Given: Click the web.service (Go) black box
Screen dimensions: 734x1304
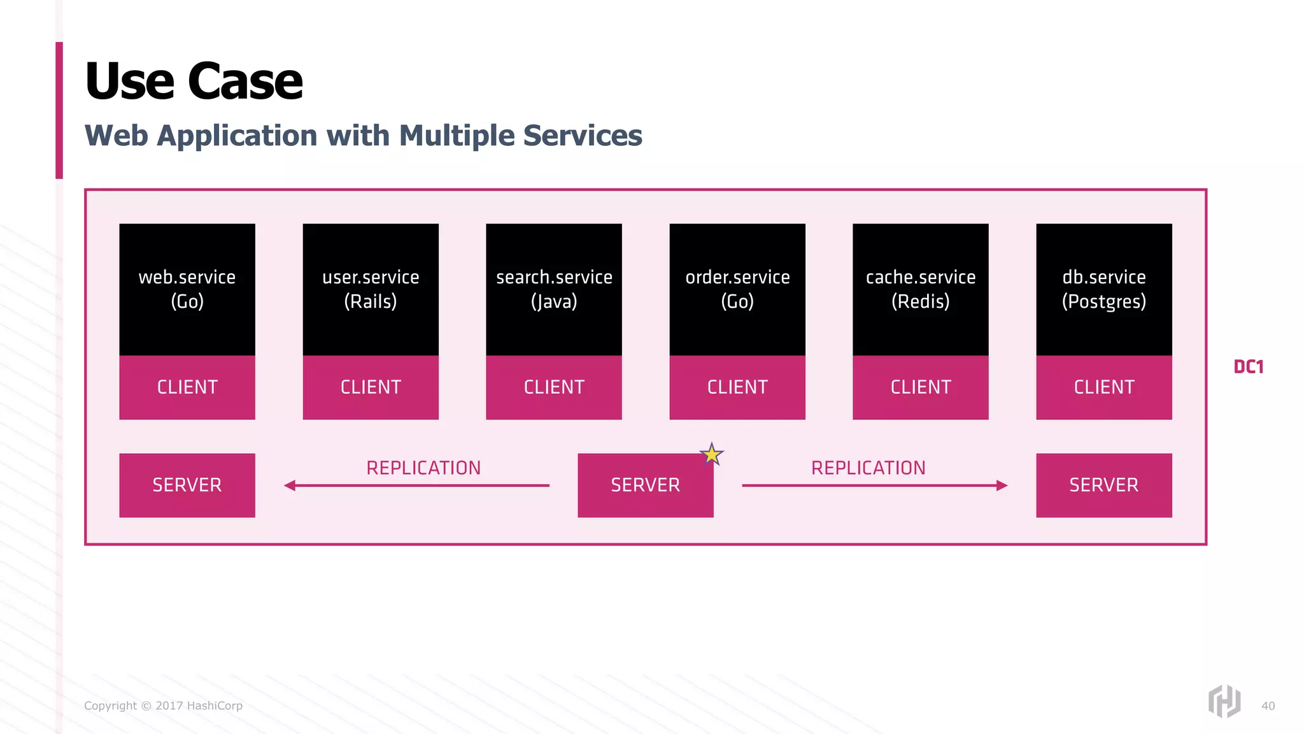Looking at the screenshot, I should [187, 289].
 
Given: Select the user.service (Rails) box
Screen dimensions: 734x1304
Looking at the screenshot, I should [371, 289].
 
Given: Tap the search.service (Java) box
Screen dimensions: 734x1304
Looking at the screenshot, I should [554, 289].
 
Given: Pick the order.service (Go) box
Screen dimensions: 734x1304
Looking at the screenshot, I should [737, 289].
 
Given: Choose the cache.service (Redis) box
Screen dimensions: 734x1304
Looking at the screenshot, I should [921, 289].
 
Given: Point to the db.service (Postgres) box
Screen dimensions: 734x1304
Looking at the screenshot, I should [1104, 289].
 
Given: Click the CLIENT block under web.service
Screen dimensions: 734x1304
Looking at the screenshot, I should [187, 387].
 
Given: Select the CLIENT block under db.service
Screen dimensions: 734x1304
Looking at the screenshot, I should [1104, 387].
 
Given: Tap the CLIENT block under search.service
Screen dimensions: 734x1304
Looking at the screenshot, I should [554, 387].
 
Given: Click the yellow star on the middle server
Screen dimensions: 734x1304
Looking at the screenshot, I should [711, 454].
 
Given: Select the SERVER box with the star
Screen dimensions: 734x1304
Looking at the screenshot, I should [645, 486].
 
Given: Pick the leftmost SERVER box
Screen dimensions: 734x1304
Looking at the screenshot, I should [187, 486].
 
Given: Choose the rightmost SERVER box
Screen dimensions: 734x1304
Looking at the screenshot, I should [1104, 486].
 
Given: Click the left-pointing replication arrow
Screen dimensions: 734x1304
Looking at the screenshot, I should [417, 486].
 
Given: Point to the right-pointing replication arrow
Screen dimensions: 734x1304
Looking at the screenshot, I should [874, 486].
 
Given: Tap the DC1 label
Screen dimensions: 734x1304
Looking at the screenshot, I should [1248, 367].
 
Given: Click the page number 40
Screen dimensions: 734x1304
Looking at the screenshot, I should [1268, 706].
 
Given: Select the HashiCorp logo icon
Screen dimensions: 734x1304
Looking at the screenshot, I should [1224, 702].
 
